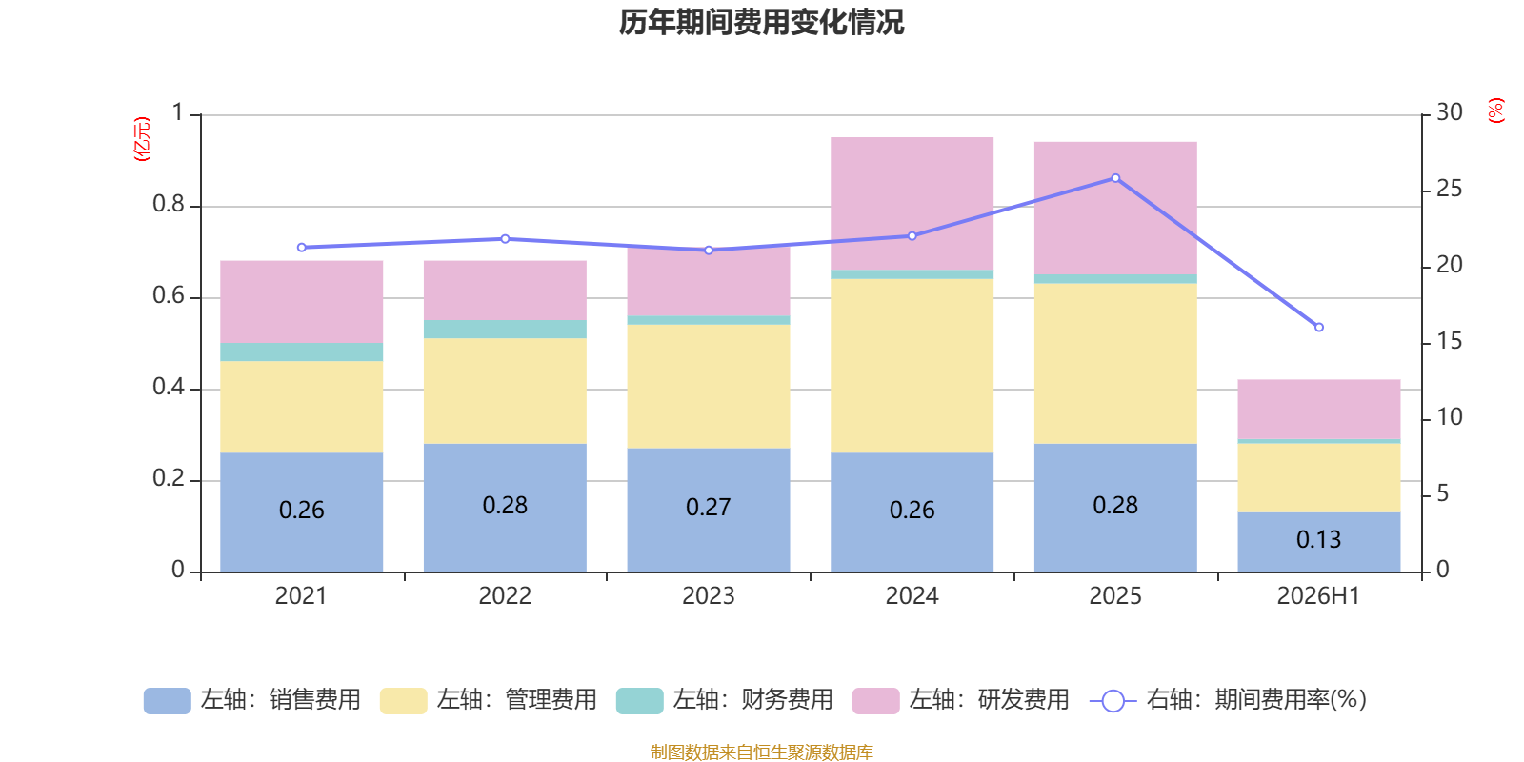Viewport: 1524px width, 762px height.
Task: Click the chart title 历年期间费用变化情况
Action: tap(761, 22)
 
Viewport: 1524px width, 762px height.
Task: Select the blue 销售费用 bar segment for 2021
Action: tap(301, 512)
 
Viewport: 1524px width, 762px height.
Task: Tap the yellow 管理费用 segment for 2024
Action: tap(912, 366)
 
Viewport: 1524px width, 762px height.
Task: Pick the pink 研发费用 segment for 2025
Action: tap(1115, 209)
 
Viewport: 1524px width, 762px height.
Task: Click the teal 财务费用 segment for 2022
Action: tap(505, 330)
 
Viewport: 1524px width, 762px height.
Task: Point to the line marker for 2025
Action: tap(1115, 178)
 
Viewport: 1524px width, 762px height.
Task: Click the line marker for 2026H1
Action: tap(1318, 328)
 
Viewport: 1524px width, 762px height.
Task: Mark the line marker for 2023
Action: tap(709, 251)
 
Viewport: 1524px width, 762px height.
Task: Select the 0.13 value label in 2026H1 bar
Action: tap(1318, 539)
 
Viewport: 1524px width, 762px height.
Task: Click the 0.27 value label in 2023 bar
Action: tap(709, 507)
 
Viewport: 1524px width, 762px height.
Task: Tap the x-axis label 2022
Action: tap(505, 596)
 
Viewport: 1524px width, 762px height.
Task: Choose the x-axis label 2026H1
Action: tap(1318, 596)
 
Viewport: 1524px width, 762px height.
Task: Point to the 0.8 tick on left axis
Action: tap(168, 204)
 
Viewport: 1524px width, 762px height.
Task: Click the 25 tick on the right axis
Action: tap(1449, 189)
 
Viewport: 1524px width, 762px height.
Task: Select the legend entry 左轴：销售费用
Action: tap(252, 700)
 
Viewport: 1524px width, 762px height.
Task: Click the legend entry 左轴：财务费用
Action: tap(725, 700)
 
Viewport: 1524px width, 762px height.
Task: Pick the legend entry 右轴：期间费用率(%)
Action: tap(1228, 700)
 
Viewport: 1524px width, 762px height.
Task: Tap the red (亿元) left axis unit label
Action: tap(142, 139)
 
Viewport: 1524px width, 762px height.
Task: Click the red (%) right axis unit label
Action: tap(1495, 110)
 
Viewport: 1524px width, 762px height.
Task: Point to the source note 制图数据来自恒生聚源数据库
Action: tap(761, 752)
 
